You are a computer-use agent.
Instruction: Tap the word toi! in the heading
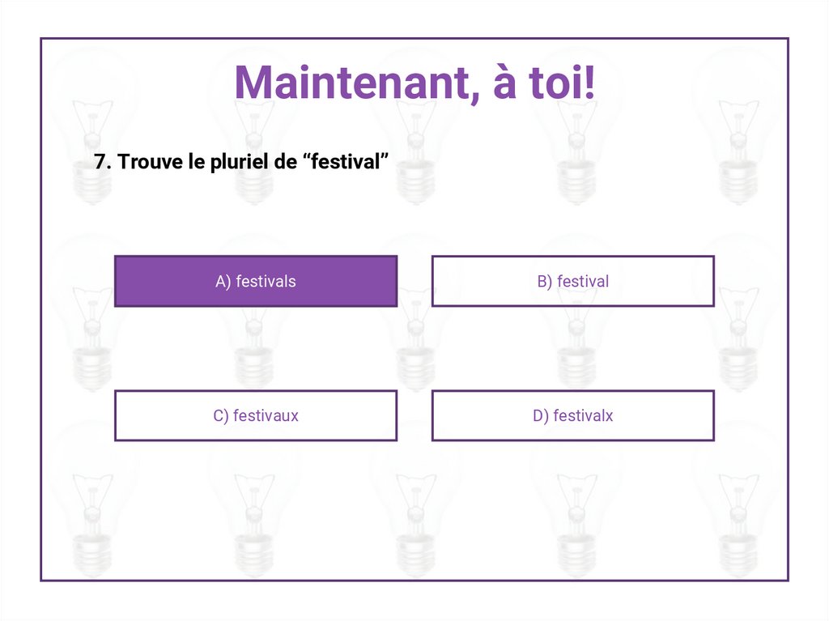pyautogui.click(x=561, y=84)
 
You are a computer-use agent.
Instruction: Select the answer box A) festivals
pyautogui.click(x=256, y=282)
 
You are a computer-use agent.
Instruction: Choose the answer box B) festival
pyautogui.click(x=572, y=282)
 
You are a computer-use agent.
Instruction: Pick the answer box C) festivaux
pyautogui.click(x=256, y=416)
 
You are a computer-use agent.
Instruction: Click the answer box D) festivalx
pyautogui.click(x=572, y=416)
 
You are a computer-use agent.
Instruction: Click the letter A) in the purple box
pyautogui.click(x=223, y=282)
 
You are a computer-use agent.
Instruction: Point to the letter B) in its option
pyautogui.click(x=545, y=282)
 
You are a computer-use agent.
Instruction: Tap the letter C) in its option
pyautogui.click(x=221, y=416)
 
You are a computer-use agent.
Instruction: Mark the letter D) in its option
pyautogui.click(x=541, y=416)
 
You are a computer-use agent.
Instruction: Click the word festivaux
pyautogui.click(x=266, y=416)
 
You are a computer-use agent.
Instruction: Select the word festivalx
pyautogui.click(x=583, y=416)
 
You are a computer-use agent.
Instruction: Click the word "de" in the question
pyautogui.click(x=286, y=162)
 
